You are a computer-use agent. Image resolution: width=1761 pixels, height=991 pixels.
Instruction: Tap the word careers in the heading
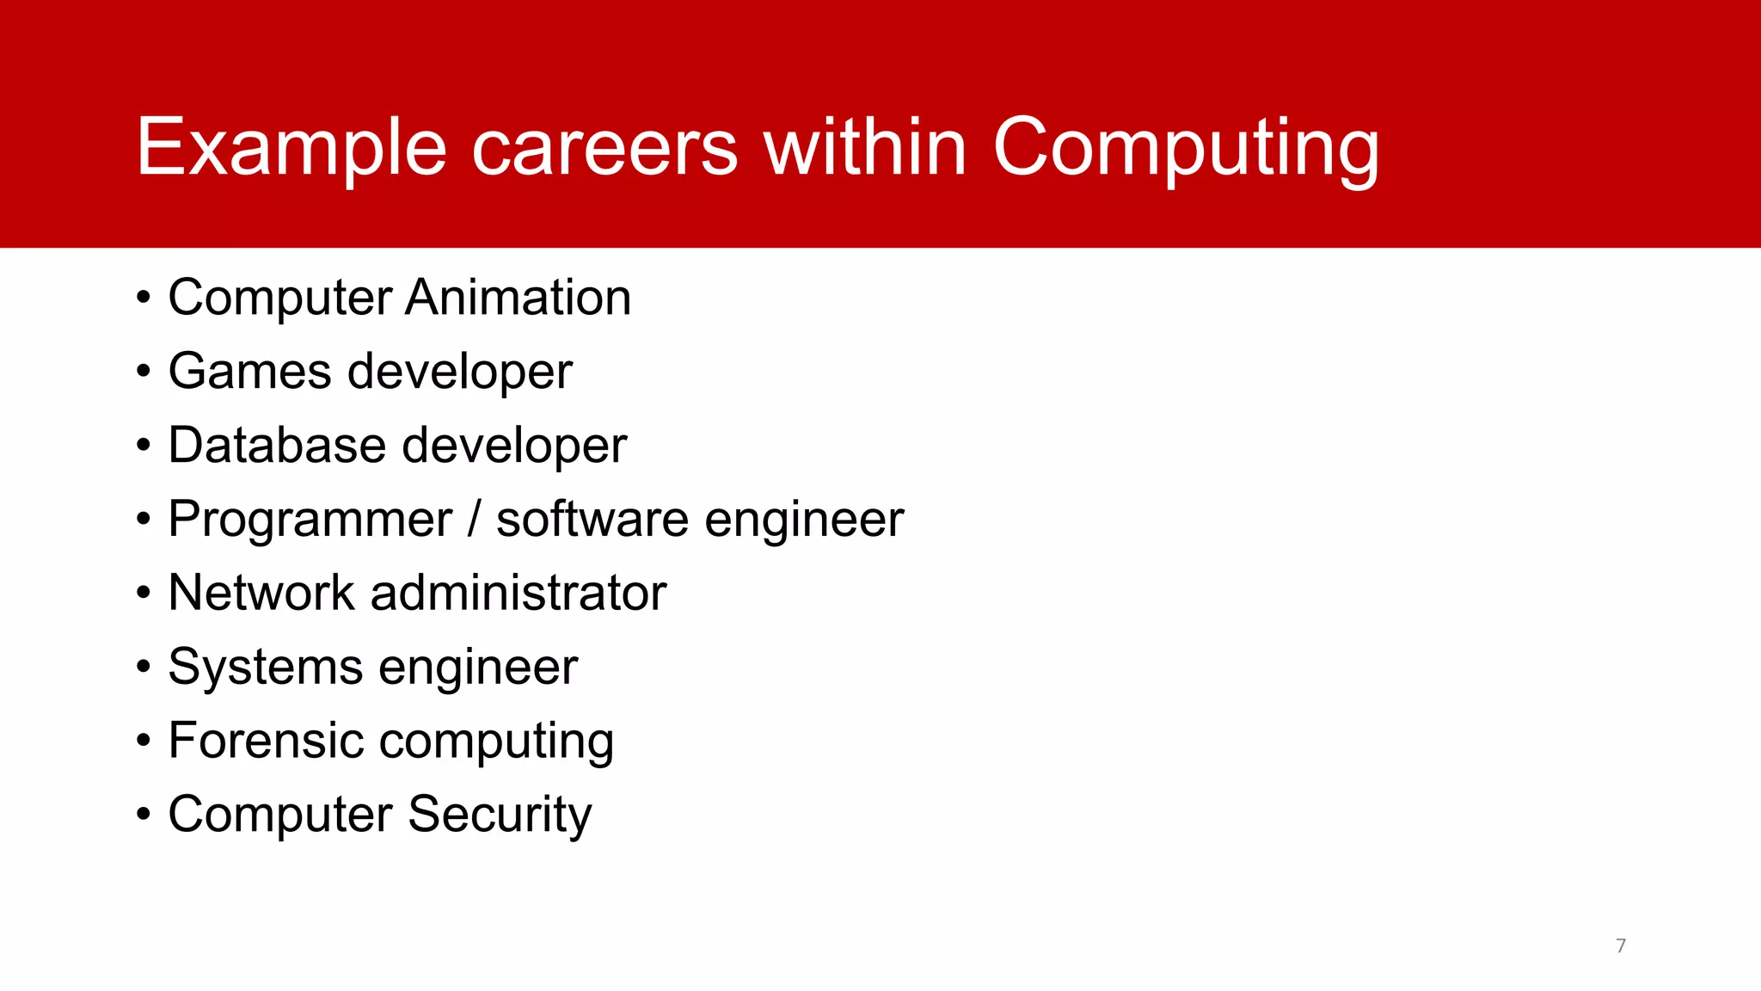point(604,148)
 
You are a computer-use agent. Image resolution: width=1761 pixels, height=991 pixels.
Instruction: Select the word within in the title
point(865,148)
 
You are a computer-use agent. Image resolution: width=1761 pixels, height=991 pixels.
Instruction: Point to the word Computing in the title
point(1186,148)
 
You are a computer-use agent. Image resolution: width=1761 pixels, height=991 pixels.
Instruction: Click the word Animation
point(518,298)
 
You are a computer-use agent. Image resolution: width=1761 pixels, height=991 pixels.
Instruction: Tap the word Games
point(249,372)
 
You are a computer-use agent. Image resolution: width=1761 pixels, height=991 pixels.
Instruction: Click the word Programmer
point(310,520)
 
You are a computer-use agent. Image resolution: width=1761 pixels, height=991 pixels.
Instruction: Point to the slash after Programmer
point(474,520)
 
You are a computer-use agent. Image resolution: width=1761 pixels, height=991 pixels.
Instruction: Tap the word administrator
point(518,593)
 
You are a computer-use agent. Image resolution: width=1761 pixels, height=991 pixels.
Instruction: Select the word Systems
point(266,668)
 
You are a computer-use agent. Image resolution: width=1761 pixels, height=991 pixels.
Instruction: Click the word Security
point(500,815)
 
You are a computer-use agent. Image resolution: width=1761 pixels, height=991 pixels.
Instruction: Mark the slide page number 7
point(1621,946)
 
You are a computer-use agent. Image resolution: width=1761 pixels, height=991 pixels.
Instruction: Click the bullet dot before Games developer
point(144,372)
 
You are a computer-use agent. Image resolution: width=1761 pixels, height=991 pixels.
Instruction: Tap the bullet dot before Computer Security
point(144,816)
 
